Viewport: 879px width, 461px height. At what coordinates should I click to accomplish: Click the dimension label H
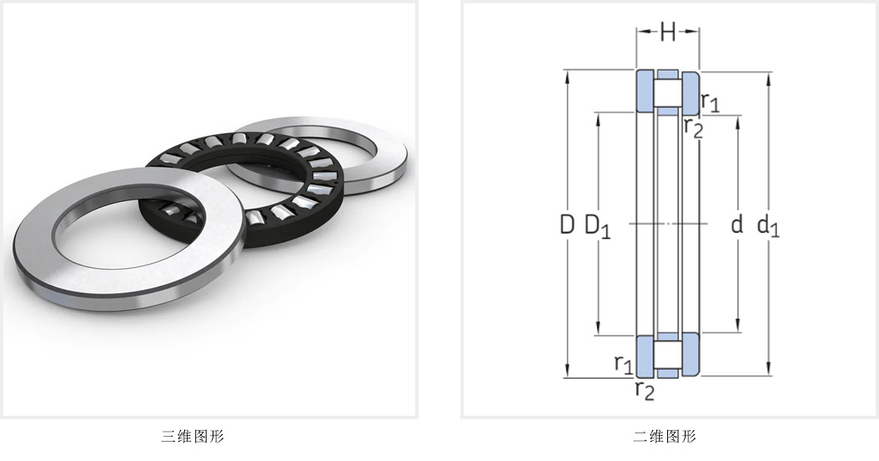coord(667,32)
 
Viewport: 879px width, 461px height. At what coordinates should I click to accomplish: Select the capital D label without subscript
coord(568,225)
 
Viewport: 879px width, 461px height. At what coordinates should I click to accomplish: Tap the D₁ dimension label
coord(598,226)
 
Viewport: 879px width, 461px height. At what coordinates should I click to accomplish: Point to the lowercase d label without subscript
coord(738,225)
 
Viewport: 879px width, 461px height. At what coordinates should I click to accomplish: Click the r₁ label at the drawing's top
coord(710,101)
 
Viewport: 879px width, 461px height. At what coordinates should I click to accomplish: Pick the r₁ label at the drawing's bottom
coord(624,365)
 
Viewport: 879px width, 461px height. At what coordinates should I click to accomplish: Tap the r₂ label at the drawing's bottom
coord(645,391)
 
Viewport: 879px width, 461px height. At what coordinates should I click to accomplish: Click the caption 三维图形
coord(193,437)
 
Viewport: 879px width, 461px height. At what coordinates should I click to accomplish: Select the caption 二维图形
coord(665,437)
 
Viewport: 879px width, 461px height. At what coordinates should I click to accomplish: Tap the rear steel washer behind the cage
coord(387,152)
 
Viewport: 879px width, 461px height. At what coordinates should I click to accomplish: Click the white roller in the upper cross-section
coord(668,93)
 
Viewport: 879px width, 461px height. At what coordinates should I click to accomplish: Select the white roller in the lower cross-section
coord(668,355)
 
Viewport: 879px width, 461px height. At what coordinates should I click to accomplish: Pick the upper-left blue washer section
coord(645,91)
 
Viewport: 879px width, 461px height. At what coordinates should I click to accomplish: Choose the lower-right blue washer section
coord(691,355)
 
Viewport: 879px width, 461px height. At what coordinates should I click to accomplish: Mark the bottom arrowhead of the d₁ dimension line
coord(768,370)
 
